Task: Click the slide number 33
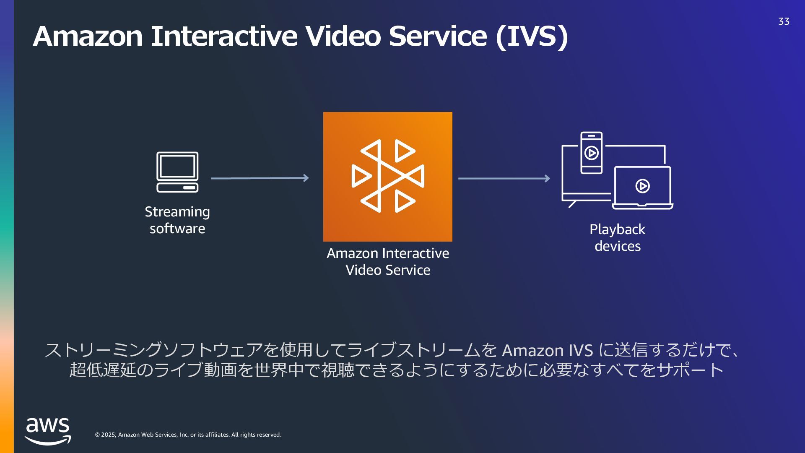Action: tap(784, 21)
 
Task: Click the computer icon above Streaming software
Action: tap(177, 172)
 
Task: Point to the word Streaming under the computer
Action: tap(177, 212)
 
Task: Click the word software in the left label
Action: tap(177, 229)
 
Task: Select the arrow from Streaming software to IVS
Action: tap(260, 178)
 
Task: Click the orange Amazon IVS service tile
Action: tap(388, 177)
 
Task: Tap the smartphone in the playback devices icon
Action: tap(592, 153)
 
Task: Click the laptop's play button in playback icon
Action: tap(642, 186)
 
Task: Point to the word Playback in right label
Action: tap(617, 229)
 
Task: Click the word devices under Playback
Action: tap(618, 246)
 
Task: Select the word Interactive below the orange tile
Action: tap(415, 253)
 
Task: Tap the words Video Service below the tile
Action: tap(388, 270)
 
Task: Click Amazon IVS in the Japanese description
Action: tap(547, 350)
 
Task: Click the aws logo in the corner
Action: tap(48, 431)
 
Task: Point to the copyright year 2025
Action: tap(108, 435)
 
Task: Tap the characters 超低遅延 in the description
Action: tap(103, 370)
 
